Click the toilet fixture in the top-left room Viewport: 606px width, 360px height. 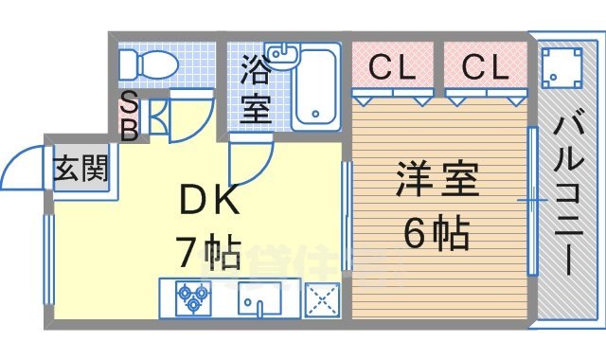(147, 64)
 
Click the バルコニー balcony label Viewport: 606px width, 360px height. (569, 194)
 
